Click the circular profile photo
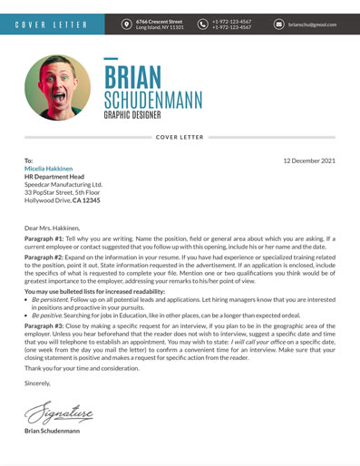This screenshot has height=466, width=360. coord(57,88)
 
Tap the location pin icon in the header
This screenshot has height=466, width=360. coord(126,24)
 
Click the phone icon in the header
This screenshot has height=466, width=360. coord(203,24)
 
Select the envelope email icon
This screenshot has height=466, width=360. coord(278,24)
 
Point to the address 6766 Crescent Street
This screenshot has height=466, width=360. coord(159,21)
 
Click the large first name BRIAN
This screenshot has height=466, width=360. coord(133,77)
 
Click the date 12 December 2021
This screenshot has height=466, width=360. coord(309,160)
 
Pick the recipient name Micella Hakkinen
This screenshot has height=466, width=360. coord(50,169)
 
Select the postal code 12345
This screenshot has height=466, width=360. coord(86,200)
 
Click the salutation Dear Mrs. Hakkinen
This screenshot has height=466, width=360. coord(52,228)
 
